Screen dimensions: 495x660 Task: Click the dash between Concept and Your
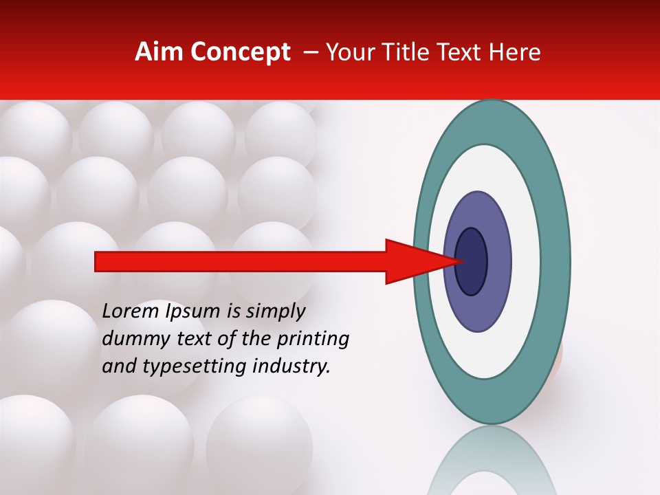tap(310, 53)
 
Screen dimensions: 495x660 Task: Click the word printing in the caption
tap(313, 340)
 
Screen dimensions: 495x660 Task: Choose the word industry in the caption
tap(291, 366)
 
